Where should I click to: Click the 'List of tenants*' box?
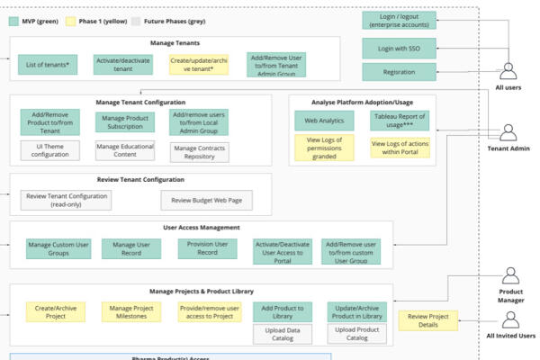point(48,65)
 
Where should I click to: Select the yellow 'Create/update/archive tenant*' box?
point(199,65)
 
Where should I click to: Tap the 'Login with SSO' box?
point(399,49)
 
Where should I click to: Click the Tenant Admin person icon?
point(508,132)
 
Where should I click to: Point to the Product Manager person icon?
point(510,275)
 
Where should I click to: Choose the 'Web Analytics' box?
point(324,121)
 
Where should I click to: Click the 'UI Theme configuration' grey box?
point(49,150)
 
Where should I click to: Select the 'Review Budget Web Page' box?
point(207,200)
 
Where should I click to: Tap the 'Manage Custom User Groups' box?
point(58,248)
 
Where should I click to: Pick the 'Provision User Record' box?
point(207,248)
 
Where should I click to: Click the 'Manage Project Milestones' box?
point(131,312)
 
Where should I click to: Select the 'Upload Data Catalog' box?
point(283,334)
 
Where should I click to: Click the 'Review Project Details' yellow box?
point(428,320)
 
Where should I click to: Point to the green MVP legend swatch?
point(13,22)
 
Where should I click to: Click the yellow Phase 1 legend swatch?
point(70,22)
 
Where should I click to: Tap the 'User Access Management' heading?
point(202,228)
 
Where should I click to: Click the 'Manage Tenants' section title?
point(175,42)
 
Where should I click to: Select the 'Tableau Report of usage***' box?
point(400,121)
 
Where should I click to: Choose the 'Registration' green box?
point(399,72)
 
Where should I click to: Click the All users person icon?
point(508,71)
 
